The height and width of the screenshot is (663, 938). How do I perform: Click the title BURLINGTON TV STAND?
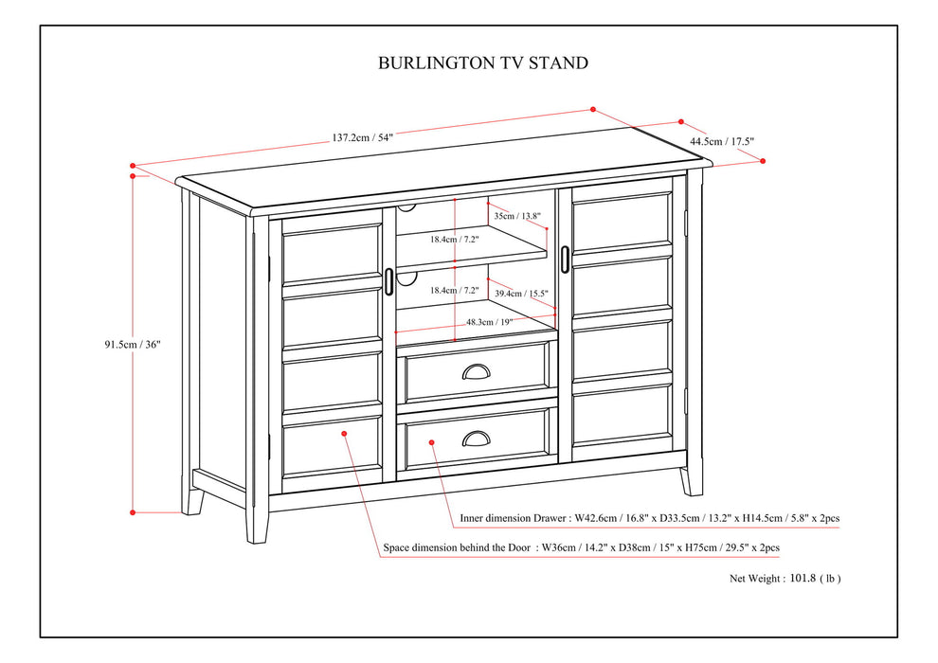pos(483,63)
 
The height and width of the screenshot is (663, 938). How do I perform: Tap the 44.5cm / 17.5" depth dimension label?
pos(722,141)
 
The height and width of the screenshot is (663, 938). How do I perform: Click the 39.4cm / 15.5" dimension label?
pos(522,294)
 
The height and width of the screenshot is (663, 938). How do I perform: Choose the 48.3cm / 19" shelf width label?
pos(490,322)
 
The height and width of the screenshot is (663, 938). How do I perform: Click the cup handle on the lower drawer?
pos(478,438)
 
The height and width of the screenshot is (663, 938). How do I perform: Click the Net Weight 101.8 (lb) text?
pos(785,578)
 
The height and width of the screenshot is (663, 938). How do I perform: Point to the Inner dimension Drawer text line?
pos(649,518)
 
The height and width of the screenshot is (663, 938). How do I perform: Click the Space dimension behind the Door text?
pos(582,547)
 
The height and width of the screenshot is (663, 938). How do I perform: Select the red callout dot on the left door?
pos(344,433)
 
